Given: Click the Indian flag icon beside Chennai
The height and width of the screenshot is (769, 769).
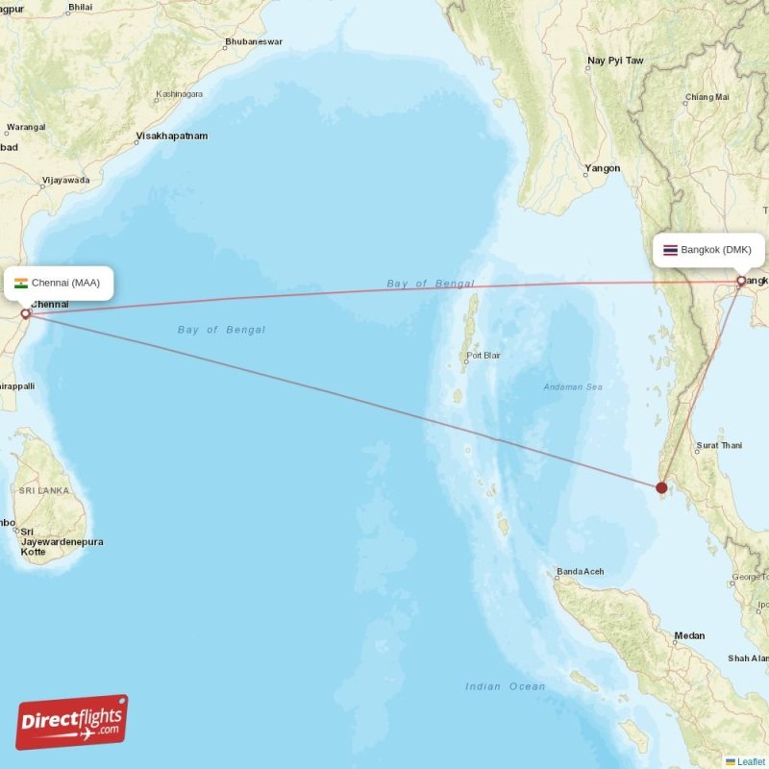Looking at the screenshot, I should click(x=21, y=283).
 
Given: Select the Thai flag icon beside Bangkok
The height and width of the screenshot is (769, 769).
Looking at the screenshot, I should click(x=670, y=250).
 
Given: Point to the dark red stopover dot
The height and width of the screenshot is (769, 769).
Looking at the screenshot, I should click(x=661, y=488).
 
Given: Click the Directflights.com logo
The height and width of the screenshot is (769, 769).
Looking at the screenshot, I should click(x=72, y=722).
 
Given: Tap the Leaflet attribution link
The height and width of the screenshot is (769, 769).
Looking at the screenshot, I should click(x=751, y=761).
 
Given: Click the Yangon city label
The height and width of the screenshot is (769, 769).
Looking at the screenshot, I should click(x=603, y=168).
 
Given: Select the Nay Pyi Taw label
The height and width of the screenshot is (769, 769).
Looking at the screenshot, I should click(x=615, y=61).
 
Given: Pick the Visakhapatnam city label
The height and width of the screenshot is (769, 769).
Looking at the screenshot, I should click(x=172, y=136).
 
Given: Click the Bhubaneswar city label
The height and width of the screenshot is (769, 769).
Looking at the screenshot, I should click(x=253, y=42).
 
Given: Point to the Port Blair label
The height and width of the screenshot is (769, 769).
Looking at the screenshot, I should click(x=484, y=356).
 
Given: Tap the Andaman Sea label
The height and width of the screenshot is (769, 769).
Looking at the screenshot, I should click(x=575, y=386).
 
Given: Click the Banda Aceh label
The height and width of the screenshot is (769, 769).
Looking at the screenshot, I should click(x=580, y=572).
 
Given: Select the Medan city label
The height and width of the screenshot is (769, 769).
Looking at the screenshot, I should click(x=689, y=635).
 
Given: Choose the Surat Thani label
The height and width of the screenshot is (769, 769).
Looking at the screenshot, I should click(x=719, y=445).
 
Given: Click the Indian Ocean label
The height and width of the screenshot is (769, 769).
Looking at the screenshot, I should click(x=505, y=686).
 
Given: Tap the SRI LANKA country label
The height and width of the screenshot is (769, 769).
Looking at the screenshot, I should click(x=44, y=490).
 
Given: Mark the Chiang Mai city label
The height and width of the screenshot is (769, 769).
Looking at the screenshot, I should click(x=707, y=97).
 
